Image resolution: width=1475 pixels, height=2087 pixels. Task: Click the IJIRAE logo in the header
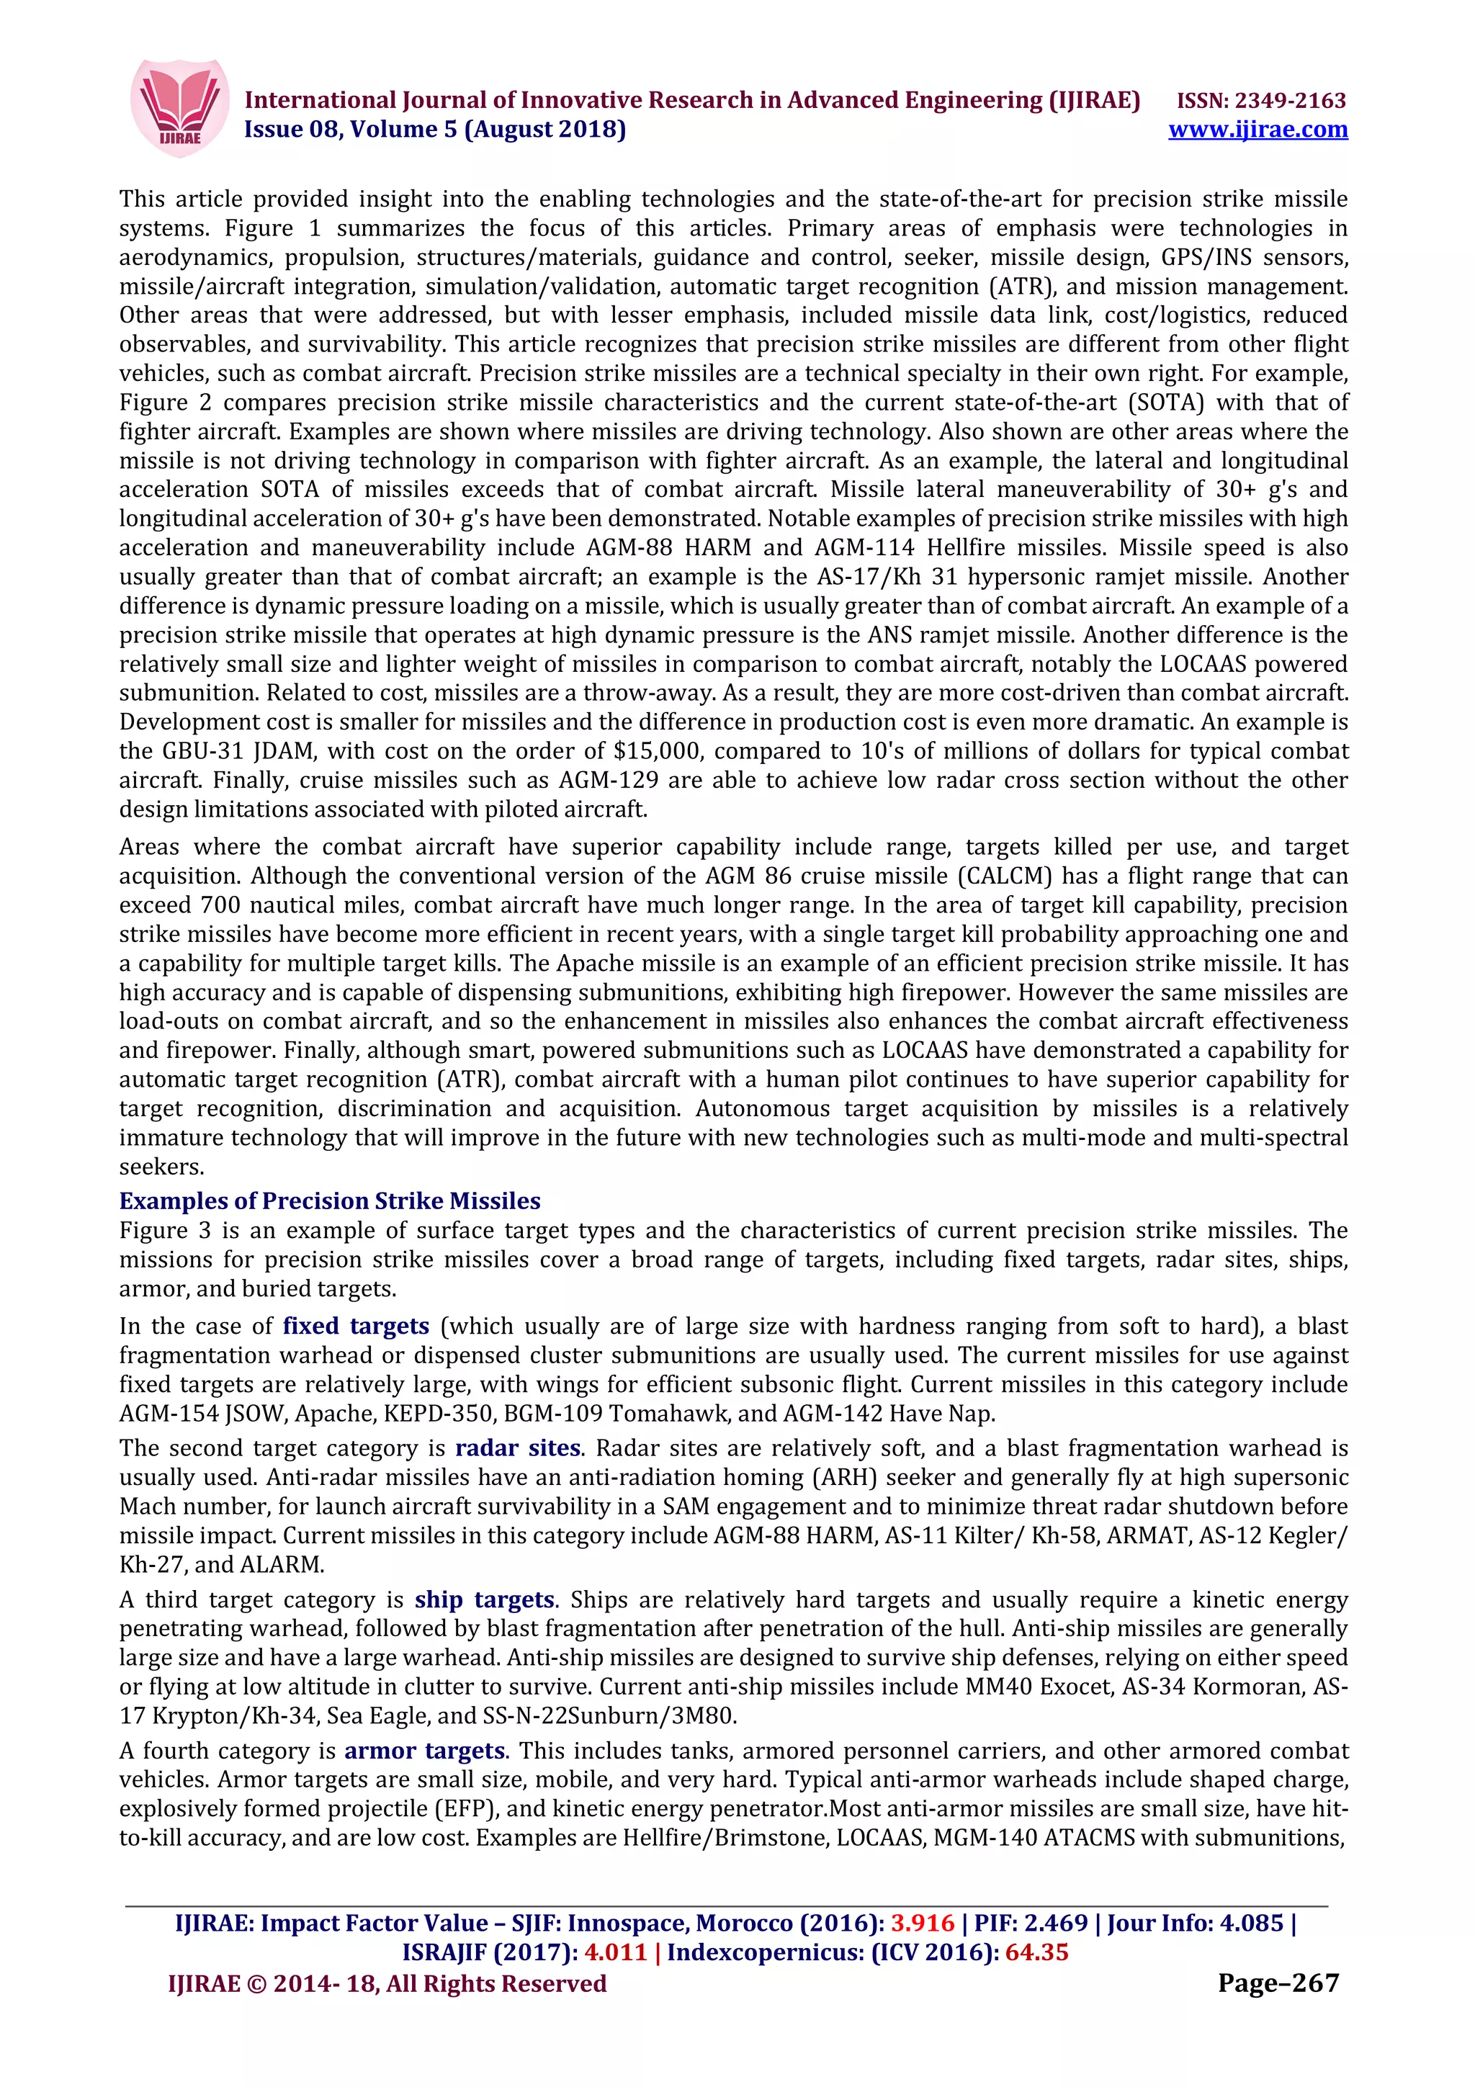[x=179, y=108]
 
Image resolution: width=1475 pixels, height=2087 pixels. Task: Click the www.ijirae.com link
[x=1257, y=129]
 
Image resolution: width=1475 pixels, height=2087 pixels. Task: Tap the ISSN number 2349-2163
[x=1261, y=100]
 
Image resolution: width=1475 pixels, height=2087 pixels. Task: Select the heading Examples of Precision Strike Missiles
[x=330, y=1200]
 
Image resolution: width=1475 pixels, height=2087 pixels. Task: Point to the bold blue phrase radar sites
[x=517, y=1448]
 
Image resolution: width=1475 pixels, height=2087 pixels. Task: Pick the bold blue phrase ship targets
[x=485, y=1599]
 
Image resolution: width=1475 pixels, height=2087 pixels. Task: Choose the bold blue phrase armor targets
[x=424, y=1751]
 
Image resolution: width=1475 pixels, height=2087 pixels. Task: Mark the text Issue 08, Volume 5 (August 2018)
[x=435, y=129]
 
